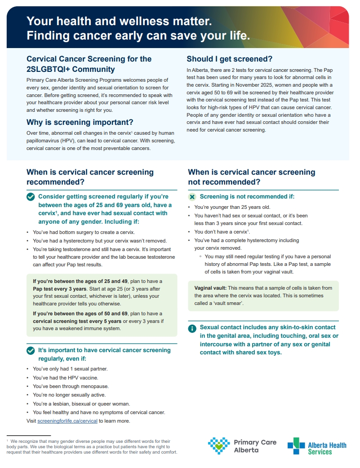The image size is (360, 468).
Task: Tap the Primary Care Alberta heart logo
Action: tap(219, 446)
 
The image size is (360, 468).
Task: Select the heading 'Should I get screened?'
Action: tap(229, 59)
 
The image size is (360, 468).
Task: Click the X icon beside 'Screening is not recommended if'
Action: tap(192, 197)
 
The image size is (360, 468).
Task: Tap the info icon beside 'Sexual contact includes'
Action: tap(192, 328)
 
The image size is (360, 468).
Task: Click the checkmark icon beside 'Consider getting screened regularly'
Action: tap(31, 197)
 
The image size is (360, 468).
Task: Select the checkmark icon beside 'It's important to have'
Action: tap(31, 350)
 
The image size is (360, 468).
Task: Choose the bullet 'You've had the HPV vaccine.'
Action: tap(65, 378)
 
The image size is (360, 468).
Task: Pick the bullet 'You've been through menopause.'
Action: tap(71, 386)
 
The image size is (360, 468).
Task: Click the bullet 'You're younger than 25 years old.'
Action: tap(232, 207)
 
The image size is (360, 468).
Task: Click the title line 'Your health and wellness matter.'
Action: tap(119, 21)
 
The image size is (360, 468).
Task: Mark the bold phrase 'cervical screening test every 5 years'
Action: tap(77, 321)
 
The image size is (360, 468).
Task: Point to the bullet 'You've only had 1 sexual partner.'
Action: tap(70, 369)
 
